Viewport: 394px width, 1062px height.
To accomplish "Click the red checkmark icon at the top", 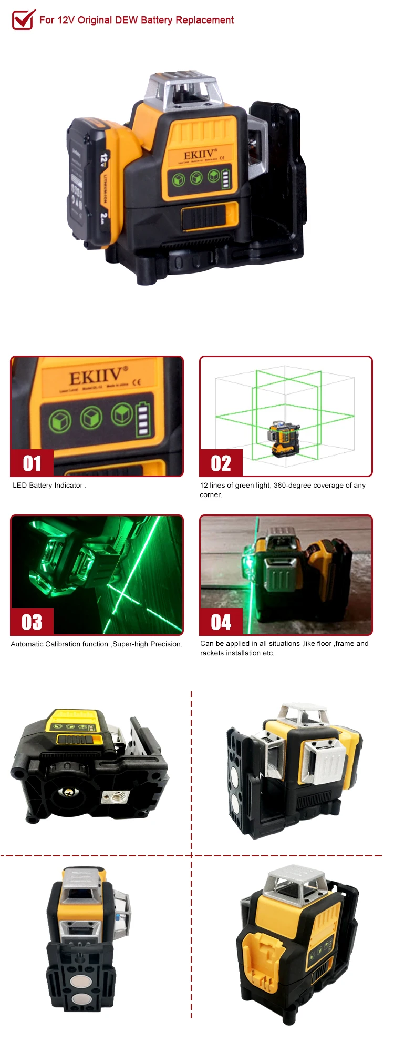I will point(24,19).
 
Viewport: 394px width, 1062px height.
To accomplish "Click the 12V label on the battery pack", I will point(104,158).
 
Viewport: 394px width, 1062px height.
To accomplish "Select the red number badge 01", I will point(32,463).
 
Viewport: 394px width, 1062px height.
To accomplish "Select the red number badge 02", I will point(221,463).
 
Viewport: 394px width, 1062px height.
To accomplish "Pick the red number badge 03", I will point(32,622).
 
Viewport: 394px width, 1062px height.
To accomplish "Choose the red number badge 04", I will point(221,622).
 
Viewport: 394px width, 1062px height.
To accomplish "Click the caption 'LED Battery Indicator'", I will point(48,486).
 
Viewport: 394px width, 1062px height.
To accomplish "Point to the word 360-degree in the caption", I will point(292,486).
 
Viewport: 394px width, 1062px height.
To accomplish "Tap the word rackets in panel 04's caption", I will point(212,653).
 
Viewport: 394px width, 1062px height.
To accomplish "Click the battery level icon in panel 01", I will point(142,419).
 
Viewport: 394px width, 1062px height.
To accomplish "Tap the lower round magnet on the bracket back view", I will point(80,999).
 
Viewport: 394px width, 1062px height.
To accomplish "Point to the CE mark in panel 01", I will point(136,382).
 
